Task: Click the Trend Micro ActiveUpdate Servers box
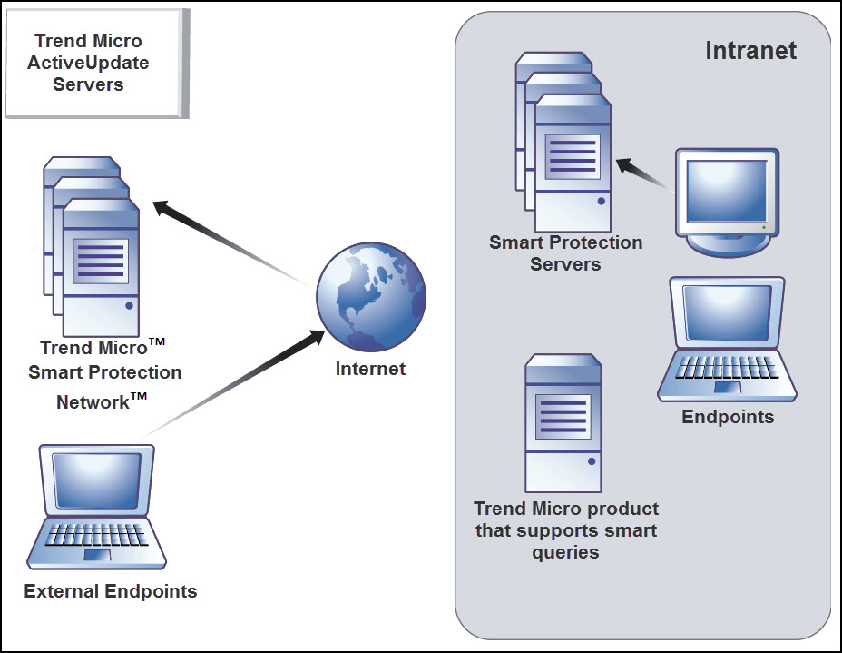click(x=94, y=63)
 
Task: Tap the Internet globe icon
click(x=370, y=298)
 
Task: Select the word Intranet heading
click(x=750, y=50)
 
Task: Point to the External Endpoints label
click(x=111, y=591)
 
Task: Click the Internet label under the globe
click(x=370, y=369)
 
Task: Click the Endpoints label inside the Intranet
click(x=728, y=417)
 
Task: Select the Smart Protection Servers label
click(x=565, y=253)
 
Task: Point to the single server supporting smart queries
click(x=563, y=423)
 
